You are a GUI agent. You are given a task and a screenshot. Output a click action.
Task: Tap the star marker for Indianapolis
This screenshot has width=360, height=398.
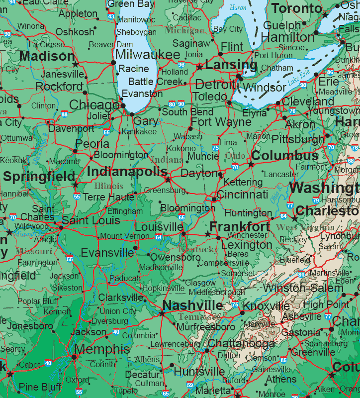168,180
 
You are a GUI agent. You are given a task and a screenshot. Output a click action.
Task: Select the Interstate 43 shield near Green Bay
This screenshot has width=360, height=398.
111,17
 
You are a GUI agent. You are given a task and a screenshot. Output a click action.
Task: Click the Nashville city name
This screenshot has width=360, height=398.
192,305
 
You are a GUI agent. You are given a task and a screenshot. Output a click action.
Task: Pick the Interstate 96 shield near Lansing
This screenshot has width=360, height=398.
181,65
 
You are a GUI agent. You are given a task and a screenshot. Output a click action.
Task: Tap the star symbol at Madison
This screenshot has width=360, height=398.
76,64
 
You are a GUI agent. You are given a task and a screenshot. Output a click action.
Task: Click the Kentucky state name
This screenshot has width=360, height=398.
198,249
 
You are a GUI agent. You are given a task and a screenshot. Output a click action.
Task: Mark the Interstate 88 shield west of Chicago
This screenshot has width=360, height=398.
65,114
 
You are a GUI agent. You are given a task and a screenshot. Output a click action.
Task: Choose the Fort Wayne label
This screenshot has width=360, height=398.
221,122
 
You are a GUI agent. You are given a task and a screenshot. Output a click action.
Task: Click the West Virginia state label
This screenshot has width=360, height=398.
299,227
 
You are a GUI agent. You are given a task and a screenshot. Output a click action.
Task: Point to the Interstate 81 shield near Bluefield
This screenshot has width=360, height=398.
301,274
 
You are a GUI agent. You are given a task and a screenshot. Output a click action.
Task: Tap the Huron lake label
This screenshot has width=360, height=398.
238,7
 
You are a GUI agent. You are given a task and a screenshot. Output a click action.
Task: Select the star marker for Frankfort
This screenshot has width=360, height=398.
208,233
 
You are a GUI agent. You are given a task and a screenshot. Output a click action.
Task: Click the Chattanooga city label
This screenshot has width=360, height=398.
241,344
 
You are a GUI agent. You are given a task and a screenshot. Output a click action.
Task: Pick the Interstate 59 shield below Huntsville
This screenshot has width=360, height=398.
190,385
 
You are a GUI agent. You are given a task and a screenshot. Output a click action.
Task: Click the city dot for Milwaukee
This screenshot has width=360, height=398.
113,63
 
